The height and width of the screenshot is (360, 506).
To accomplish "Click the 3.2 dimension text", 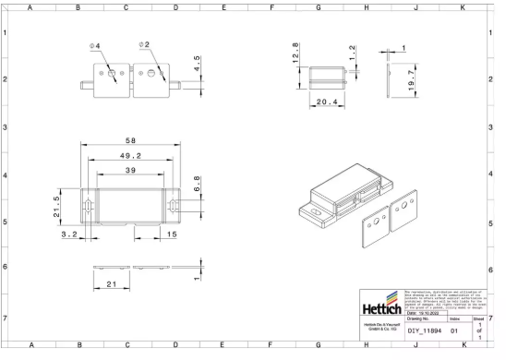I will click(69, 235).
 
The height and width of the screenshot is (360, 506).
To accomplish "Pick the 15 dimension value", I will click(173, 235).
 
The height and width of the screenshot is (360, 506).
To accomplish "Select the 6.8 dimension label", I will click(196, 184).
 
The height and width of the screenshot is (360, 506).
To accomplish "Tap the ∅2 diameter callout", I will click(144, 44).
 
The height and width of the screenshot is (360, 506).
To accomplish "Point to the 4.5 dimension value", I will click(197, 65).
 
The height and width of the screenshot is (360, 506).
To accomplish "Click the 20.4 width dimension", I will click(325, 102).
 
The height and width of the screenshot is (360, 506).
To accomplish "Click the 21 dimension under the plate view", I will click(111, 284).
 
